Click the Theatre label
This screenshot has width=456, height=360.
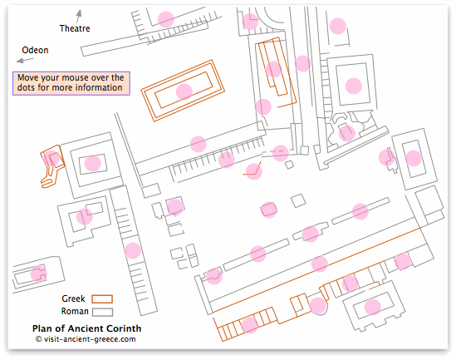[x=75, y=28]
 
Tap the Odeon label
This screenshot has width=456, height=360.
[x=35, y=50]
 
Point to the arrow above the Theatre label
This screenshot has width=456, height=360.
[x=79, y=16]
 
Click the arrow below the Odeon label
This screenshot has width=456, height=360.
[x=25, y=60]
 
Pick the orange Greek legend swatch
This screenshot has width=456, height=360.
[x=102, y=298]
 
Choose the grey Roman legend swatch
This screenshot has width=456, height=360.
[x=102, y=312]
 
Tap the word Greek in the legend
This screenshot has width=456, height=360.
[x=73, y=298]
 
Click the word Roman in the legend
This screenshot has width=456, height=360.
[x=75, y=312]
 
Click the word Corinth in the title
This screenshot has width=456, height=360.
[x=124, y=328]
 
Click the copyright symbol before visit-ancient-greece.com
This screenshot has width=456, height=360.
[x=39, y=339]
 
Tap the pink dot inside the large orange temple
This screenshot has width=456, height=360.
[x=184, y=91]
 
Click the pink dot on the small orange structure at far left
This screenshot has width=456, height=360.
[x=51, y=159]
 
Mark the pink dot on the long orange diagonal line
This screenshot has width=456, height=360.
[x=320, y=264]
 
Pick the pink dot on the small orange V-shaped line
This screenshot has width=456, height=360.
[x=254, y=171]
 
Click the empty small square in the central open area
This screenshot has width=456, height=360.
[x=298, y=201]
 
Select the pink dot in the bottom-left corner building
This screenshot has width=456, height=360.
[x=39, y=274]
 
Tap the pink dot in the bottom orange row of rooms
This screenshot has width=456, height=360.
[x=250, y=325]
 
